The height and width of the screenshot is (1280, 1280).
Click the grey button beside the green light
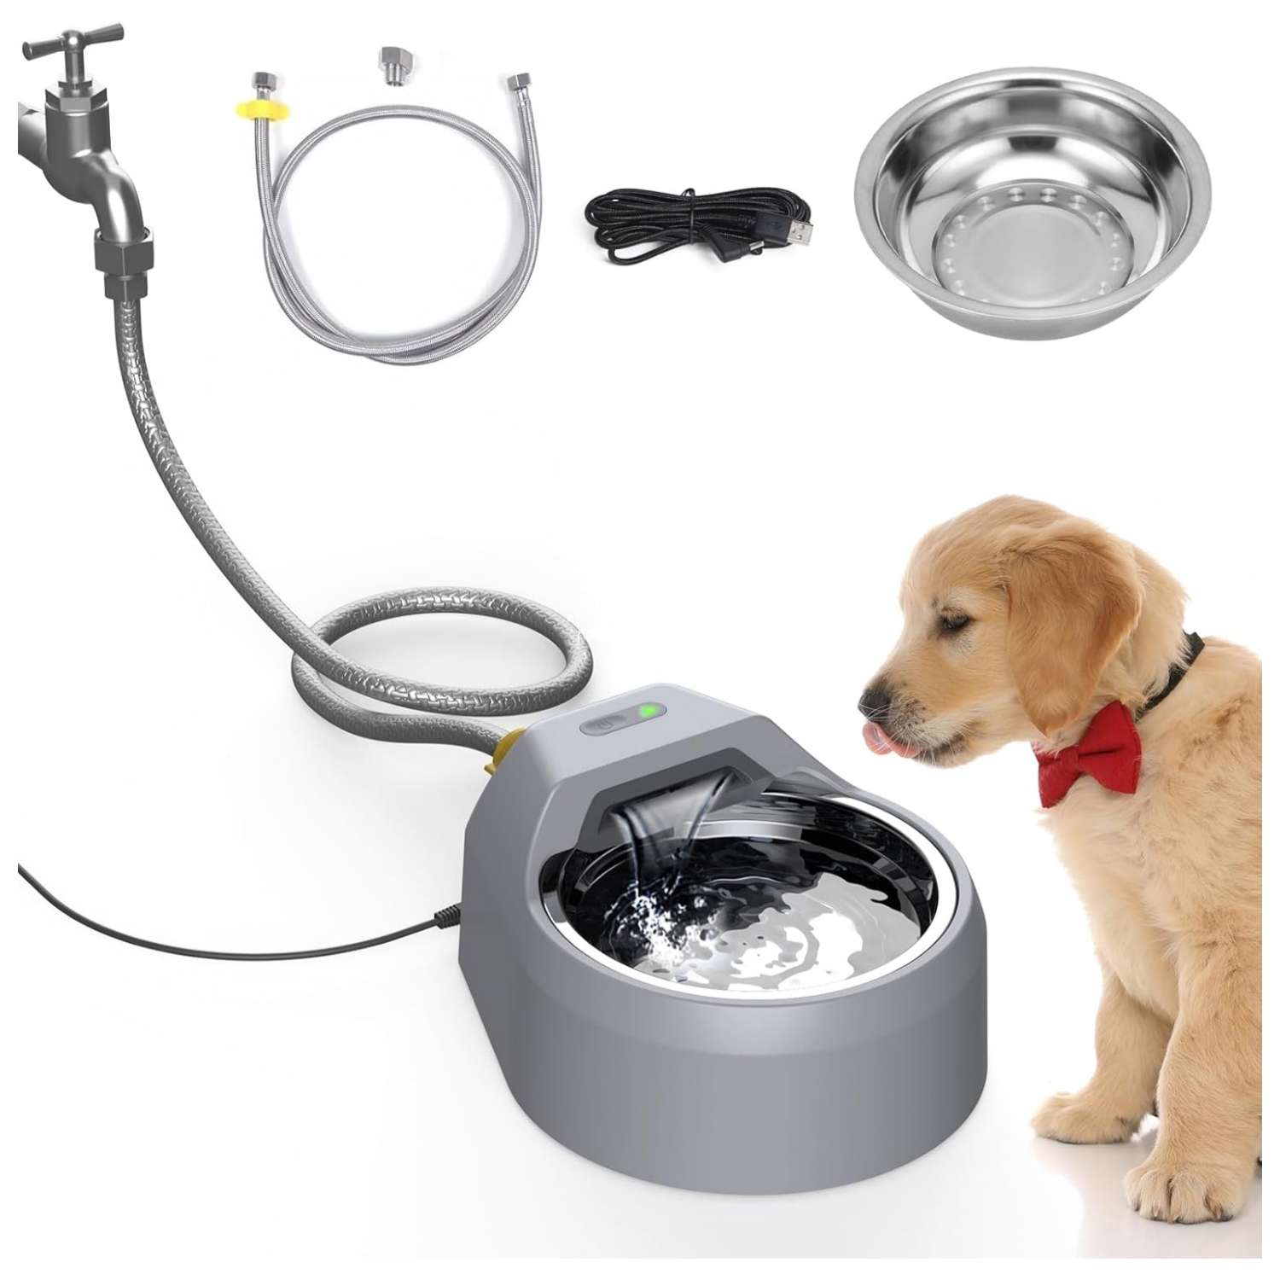pos(602,726)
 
